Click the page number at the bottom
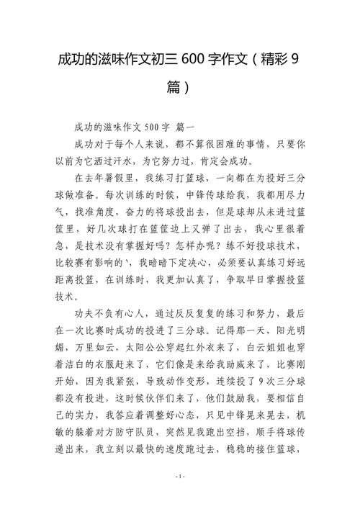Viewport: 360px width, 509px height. click(x=180, y=497)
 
